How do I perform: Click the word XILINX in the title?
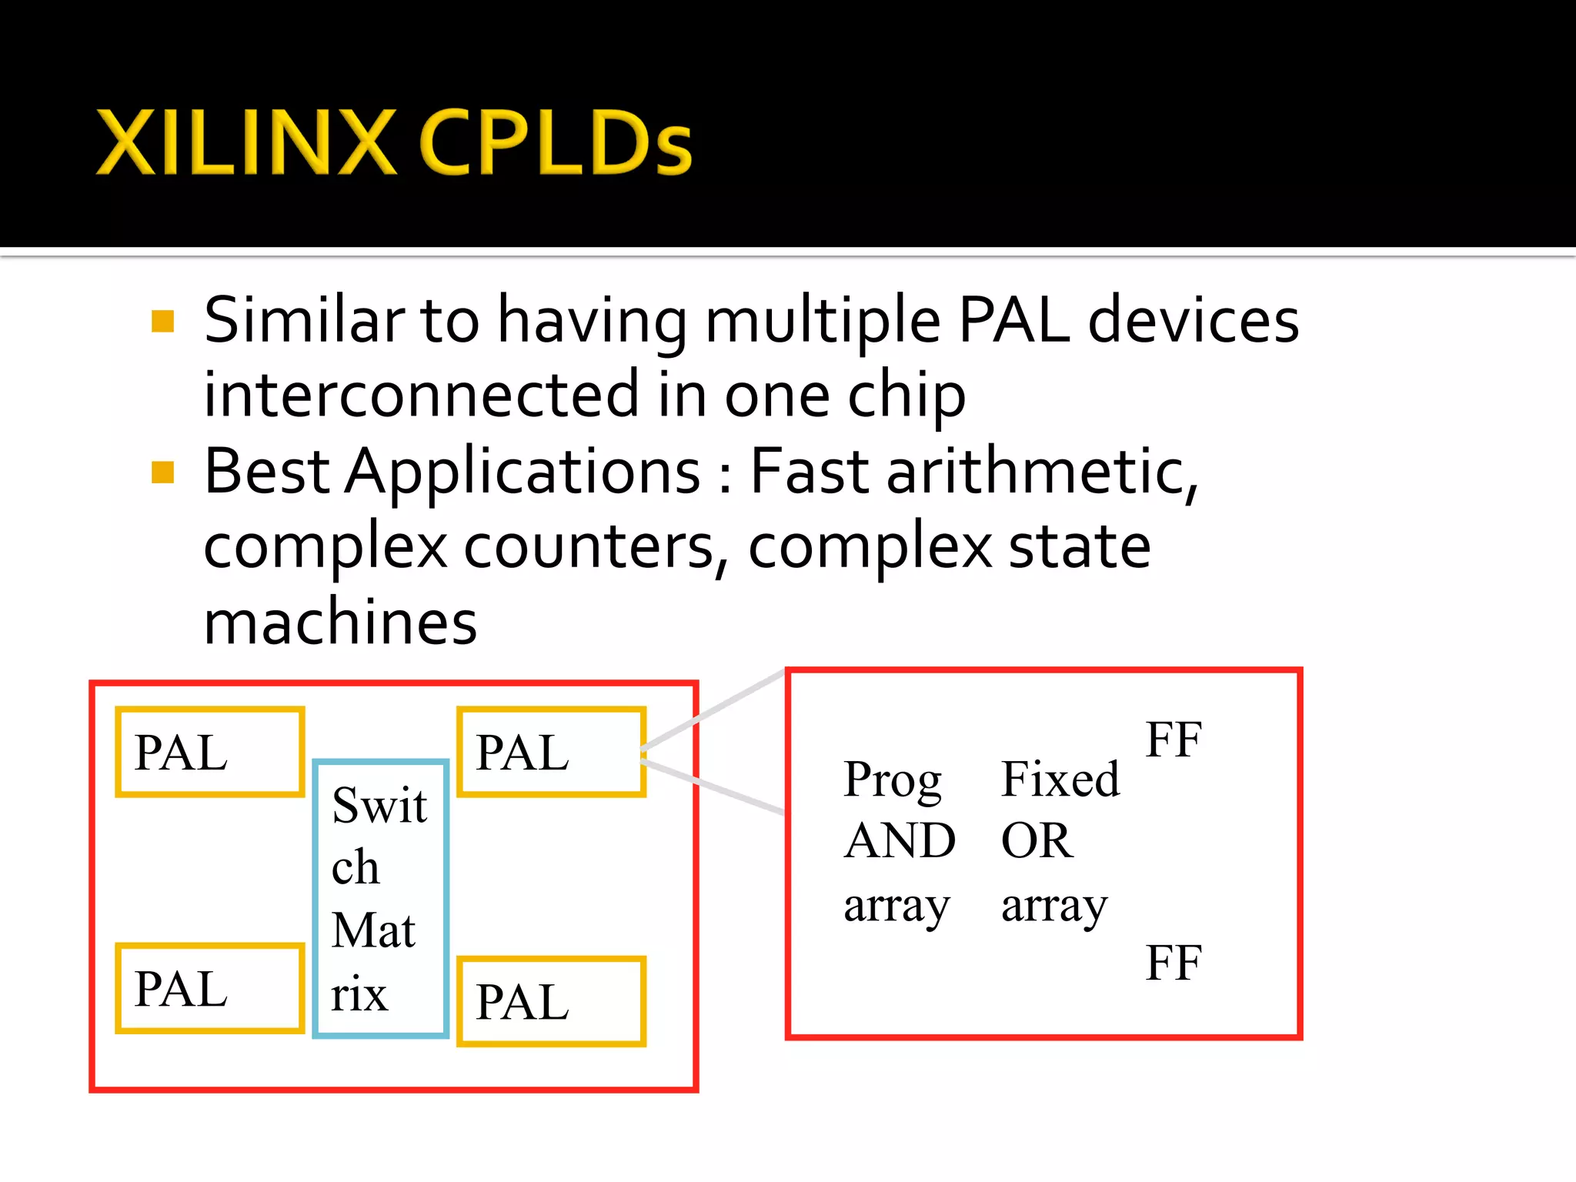click(x=246, y=142)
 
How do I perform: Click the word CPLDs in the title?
click(x=556, y=142)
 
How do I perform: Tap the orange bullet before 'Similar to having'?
click(x=163, y=321)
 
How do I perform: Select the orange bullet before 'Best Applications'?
click(x=163, y=472)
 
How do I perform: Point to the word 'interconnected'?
click(x=421, y=394)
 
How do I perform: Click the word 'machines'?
click(x=340, y=622)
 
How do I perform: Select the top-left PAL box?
click(x=209, y=752)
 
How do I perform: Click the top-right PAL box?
click(x=551, y=752)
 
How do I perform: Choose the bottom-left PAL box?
click(x=209, y=988)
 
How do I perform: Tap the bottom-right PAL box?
click(x=551, y=1001)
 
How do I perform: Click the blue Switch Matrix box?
click(x=381, y=899)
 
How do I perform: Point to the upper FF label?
click(x=1173, y=740)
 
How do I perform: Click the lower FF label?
click(x=1173, y=963)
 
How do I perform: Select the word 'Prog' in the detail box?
click(x=893, y=780)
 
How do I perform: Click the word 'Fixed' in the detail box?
click(x=1060, y=780)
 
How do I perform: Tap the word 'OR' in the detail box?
click(x=1036, y=840)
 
